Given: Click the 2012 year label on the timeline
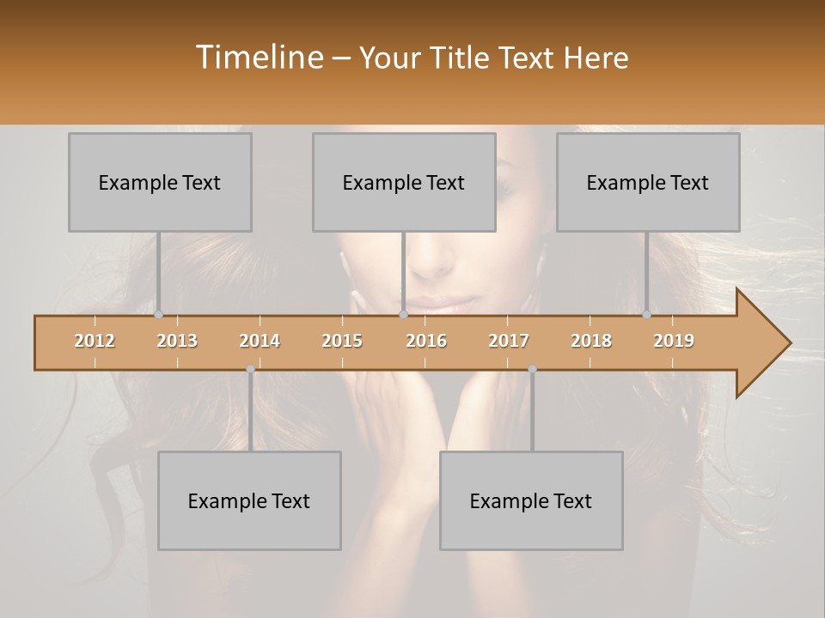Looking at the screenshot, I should [95, 342].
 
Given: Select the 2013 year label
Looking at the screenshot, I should [177, 342].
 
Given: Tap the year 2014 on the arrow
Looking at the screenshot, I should [260, 342].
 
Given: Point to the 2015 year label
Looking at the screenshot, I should [342, 342].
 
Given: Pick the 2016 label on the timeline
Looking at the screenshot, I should [426, 342].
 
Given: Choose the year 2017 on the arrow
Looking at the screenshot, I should [509, 342].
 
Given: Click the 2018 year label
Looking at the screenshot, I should [591, 342].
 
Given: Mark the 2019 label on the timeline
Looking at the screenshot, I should [674, 342].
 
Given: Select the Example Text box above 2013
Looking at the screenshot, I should [160, 182].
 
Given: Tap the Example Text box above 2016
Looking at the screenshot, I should [404, 182].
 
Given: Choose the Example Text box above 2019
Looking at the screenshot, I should [648, 182].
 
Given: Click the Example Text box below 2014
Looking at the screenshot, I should [249, 500].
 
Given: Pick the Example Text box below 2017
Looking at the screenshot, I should [531, 500].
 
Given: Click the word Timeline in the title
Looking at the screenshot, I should [259, 58].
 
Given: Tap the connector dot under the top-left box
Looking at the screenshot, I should [158, 315].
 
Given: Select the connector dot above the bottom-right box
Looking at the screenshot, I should [532, 369].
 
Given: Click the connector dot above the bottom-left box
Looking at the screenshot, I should [250, 369].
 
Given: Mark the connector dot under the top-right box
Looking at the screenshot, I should [646, 315].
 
